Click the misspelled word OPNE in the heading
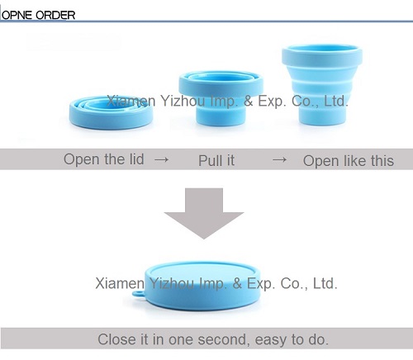(17, 15)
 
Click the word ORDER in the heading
(55, 15)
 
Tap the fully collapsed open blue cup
(111, 113)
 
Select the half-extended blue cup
(221, 98)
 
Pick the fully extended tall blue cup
(322, 84)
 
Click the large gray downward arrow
(204, 213)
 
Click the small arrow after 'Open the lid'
(161, 159)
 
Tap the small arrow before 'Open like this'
(279, 159)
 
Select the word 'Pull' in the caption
(211, 160)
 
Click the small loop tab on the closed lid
(138, 293)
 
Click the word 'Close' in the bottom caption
(117, 339)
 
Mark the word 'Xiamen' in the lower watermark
(120, 283)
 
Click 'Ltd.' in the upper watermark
(336, 101)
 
